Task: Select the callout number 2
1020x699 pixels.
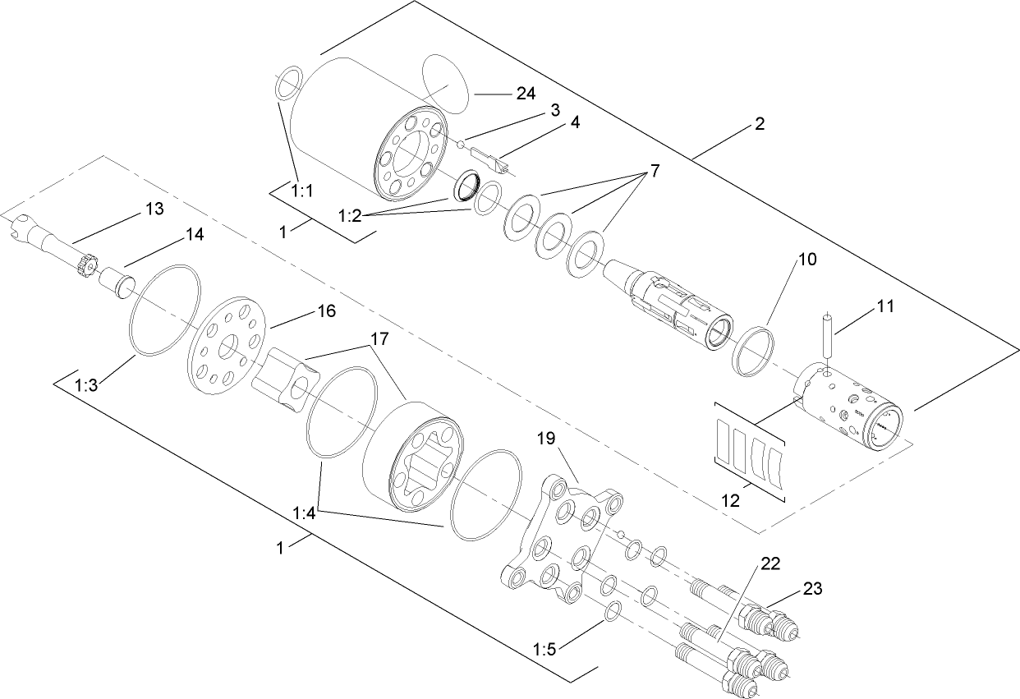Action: (760, 125)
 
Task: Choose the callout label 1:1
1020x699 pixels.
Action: (303, 190)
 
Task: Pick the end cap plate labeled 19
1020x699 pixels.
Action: (563, 541)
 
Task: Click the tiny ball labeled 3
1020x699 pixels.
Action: (462, 146)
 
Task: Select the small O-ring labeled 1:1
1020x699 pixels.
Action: (287, 85)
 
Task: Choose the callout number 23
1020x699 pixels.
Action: (812, 588)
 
